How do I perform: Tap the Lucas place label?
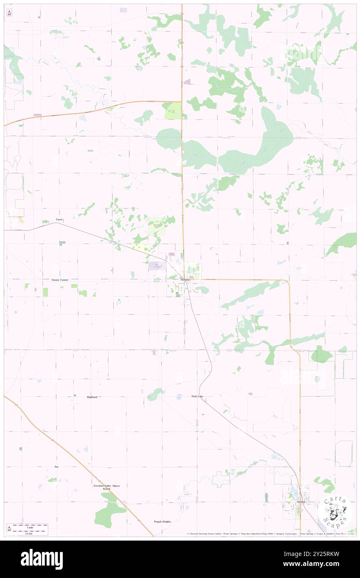click(x=60, y=219)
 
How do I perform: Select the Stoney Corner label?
click(x=60, y=280)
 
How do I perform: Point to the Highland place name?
click(x=92, y=397)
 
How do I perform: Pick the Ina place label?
click(x=57, y=467)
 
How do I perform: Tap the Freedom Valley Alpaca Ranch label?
click(x=104, y=487)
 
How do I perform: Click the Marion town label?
click(x=301, y=502)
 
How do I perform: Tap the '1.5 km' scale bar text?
click(x=29, y=534)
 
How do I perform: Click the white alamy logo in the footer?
click(x=42, y=557)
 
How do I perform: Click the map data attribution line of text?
click(x=270, y=534)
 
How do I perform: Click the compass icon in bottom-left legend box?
click(x=9, y=529)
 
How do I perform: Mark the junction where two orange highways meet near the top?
click(x=182, y=102)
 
